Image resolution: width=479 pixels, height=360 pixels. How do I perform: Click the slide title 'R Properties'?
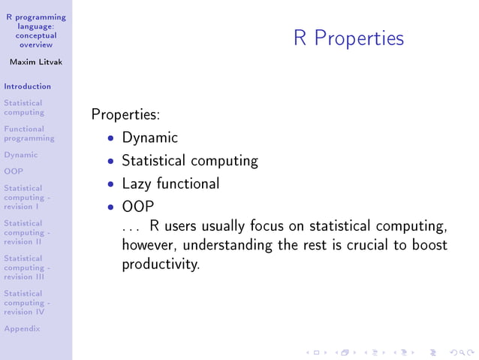tap(348, 38)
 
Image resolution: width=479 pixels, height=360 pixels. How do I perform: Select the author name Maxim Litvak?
tap(35, 62)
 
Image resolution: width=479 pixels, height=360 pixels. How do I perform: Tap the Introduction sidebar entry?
tap(27, 86)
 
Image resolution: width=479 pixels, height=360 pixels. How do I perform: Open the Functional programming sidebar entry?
tap(29, 134)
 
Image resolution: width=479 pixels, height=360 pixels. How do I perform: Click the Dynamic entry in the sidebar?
tap(20, 155)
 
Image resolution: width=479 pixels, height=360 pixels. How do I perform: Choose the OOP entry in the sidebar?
tap(14, 171)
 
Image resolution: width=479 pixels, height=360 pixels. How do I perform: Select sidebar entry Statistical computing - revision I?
tap(27, 197)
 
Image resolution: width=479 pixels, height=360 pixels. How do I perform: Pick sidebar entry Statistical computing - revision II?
tap(27, 232)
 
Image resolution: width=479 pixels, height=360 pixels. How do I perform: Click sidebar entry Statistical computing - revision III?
tap(27, 268)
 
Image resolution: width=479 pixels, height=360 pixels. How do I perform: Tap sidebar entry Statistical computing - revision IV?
tap(27, 302)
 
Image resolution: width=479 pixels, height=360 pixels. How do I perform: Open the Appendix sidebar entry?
tap(22, 328)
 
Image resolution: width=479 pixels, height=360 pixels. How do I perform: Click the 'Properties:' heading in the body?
tap(125, 115)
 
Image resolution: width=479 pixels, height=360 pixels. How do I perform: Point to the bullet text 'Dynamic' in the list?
tap(149, 138)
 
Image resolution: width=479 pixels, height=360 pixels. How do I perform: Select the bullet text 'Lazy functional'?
tap(170, 183)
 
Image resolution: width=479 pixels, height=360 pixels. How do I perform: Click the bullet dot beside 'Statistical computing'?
tap(111, 162)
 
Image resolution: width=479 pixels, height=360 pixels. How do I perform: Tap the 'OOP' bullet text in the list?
tap(137, 206)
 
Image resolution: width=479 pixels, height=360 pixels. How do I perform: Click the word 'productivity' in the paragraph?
tap(160, 265)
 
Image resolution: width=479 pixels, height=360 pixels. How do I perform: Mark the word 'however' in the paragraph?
tap(149, 245)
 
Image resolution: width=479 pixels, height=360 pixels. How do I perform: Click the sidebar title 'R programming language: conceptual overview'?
tap(35, 31)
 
